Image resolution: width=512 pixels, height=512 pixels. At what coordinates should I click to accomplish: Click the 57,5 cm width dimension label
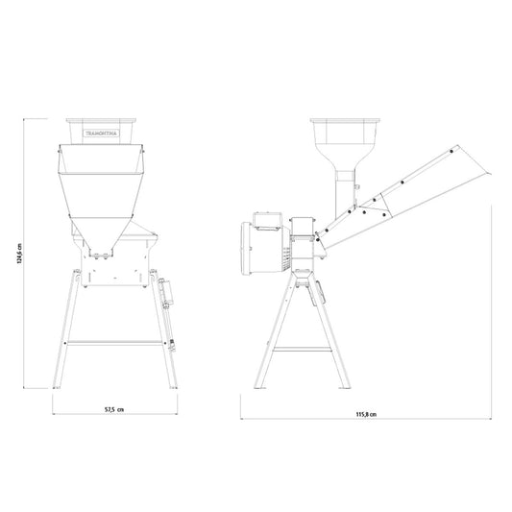(x=114, y=409)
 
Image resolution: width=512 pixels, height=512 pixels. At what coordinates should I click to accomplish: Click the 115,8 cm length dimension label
(x=366, y=414)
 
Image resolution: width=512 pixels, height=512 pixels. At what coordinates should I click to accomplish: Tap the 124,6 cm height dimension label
(x=19, y=253)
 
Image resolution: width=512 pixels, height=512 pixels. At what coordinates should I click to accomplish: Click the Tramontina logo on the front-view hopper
(x=102, y=134)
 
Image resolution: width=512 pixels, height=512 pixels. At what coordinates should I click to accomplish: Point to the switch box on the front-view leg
(x=166, y=292)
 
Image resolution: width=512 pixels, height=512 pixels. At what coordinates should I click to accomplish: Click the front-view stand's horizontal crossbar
(x=114, y=343)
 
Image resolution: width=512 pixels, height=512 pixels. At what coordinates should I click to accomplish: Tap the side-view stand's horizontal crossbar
(x=302, y=349)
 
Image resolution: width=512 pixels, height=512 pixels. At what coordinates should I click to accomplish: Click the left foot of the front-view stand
(x=57, y=387)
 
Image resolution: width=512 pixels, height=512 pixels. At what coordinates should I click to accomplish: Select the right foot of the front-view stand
(x=174, y=387)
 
